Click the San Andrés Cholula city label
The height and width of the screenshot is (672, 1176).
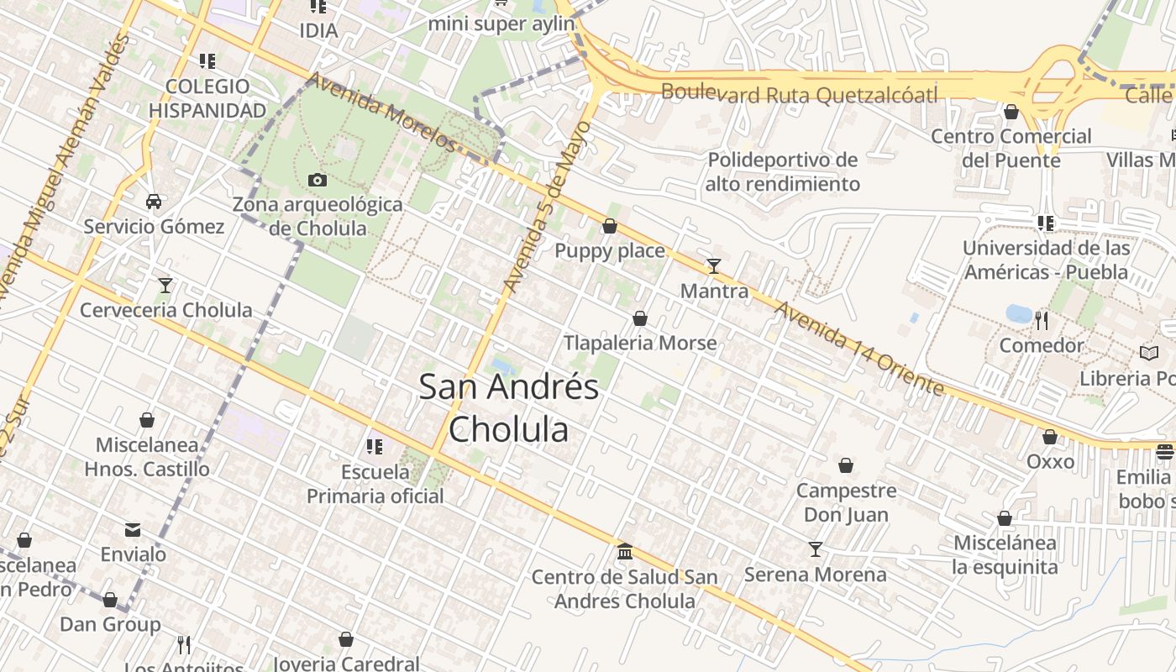pos(508,407)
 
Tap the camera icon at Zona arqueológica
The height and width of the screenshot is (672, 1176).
pos(318,180)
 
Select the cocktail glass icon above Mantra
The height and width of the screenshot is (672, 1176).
pos(714,266)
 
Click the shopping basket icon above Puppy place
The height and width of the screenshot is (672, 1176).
pos(610,226)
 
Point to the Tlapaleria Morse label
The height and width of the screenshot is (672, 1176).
pos(640,343)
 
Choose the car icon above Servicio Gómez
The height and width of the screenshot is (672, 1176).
pos(154,202)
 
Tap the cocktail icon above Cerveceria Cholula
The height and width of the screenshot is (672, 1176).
pos(165,286)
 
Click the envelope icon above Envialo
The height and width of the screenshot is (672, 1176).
pos(133,530)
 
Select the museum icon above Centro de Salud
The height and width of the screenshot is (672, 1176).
pos(625,552)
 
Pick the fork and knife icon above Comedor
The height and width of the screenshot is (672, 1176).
pos(1042,320)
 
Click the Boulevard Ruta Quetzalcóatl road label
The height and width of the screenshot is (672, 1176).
pos(799,94)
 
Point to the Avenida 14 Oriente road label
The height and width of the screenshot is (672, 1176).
pos(858,349)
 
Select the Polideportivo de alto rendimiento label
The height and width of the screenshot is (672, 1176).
pos(782,171)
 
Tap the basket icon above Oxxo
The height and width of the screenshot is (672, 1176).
pos(1050,437)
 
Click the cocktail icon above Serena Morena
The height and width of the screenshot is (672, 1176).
pos(815,549)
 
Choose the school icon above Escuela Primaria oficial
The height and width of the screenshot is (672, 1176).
pos(375,447)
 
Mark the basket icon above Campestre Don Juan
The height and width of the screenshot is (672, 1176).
pos(846,465)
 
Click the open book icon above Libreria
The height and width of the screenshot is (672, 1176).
pos(1149,354)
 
